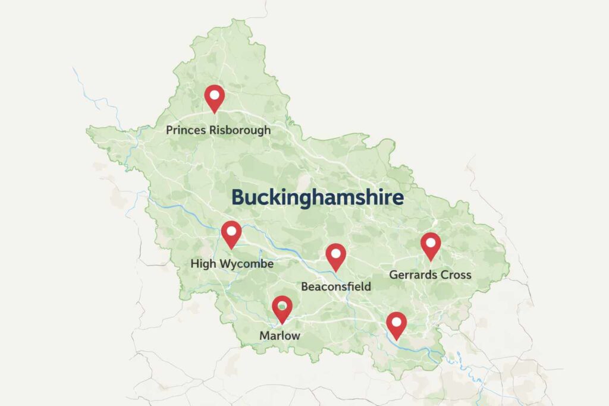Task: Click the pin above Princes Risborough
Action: click(214, 97)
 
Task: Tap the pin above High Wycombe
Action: click(231, 233)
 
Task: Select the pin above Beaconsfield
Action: click(336, 256)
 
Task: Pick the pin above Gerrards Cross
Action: click(431, 245)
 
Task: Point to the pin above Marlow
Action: click(282, 309)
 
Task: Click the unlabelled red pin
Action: click(396, 325)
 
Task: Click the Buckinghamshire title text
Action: click(318, 198)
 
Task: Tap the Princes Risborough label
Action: click(218, 130)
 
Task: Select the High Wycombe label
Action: click(233, 263)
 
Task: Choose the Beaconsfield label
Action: click(336, 287)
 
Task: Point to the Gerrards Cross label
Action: click(430, 275)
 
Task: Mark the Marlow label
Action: click(280, 336)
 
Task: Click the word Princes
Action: click(186, 130)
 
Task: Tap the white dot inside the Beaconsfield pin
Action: click(336, 253)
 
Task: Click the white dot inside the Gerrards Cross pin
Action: click(431, 242)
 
